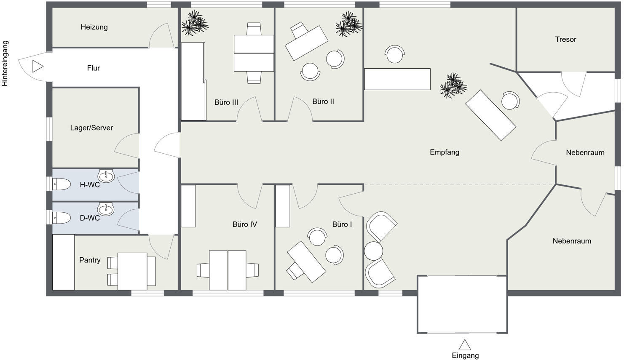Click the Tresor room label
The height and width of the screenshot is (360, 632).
565,40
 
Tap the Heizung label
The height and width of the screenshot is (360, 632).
94,27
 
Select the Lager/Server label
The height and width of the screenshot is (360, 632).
91,128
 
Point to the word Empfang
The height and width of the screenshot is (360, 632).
444,152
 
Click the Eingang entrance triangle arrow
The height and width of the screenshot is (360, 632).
465,345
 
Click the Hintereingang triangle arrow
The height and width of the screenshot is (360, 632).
37,66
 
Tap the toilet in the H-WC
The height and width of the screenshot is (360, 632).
62,184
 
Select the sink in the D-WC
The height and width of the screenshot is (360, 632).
105,209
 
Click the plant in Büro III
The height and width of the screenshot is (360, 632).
195,24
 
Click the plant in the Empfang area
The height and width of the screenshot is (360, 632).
453,86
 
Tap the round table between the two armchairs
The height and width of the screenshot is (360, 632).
373,251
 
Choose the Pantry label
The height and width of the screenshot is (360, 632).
90,260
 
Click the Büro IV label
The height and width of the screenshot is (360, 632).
244,224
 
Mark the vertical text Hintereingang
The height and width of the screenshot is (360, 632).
5,64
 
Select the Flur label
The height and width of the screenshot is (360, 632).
93,68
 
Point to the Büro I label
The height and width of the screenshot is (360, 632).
342,224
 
